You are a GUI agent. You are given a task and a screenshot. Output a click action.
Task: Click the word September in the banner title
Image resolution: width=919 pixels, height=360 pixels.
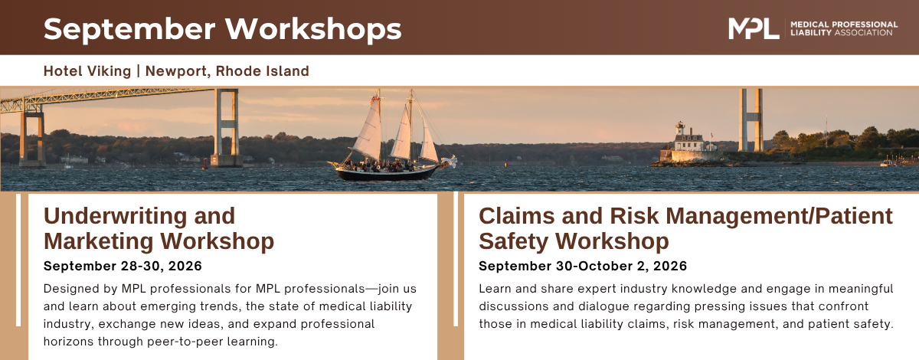(x=129, y=30)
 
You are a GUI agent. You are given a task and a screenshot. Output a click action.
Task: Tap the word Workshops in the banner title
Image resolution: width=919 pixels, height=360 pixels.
(x=313, y=29)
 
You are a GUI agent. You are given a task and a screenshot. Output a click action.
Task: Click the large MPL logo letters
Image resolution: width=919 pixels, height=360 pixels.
(x=754, y=29)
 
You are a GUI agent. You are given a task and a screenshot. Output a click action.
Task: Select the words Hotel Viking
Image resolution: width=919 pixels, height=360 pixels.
(x=87, y=71)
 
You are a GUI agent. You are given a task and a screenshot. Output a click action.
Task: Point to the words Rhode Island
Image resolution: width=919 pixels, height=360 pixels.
(x=262, y=71)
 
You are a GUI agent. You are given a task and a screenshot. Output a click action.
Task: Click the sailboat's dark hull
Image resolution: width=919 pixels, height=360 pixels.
(x=386, y=173)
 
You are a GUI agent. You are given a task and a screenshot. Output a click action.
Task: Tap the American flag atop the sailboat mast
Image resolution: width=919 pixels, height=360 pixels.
(x=374, y=100)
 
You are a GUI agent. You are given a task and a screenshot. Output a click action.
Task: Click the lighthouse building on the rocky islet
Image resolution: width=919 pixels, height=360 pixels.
(x=688, y=142)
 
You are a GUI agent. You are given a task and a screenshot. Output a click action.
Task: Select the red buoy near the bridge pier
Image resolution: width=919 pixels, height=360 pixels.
(x=205, y=165)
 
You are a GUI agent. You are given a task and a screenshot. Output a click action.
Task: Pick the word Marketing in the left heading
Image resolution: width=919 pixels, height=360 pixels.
(x=98, y=241)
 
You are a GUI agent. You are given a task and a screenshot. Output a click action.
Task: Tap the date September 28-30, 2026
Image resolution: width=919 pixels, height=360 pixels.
(x=123, y=266)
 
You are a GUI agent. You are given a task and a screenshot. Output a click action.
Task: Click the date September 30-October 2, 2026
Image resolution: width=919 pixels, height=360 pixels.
(x=583, y=266)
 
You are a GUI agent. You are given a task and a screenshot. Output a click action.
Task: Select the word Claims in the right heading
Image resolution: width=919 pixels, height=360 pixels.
(x=516, y=216)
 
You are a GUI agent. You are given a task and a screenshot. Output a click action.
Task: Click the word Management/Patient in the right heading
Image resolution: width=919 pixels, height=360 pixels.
(x=779, y=216)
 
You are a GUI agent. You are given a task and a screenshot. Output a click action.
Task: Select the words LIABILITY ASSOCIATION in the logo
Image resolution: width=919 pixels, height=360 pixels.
(x=841, y=33)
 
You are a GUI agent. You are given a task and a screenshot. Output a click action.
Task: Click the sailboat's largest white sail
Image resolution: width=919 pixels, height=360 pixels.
(x=368, y=129)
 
